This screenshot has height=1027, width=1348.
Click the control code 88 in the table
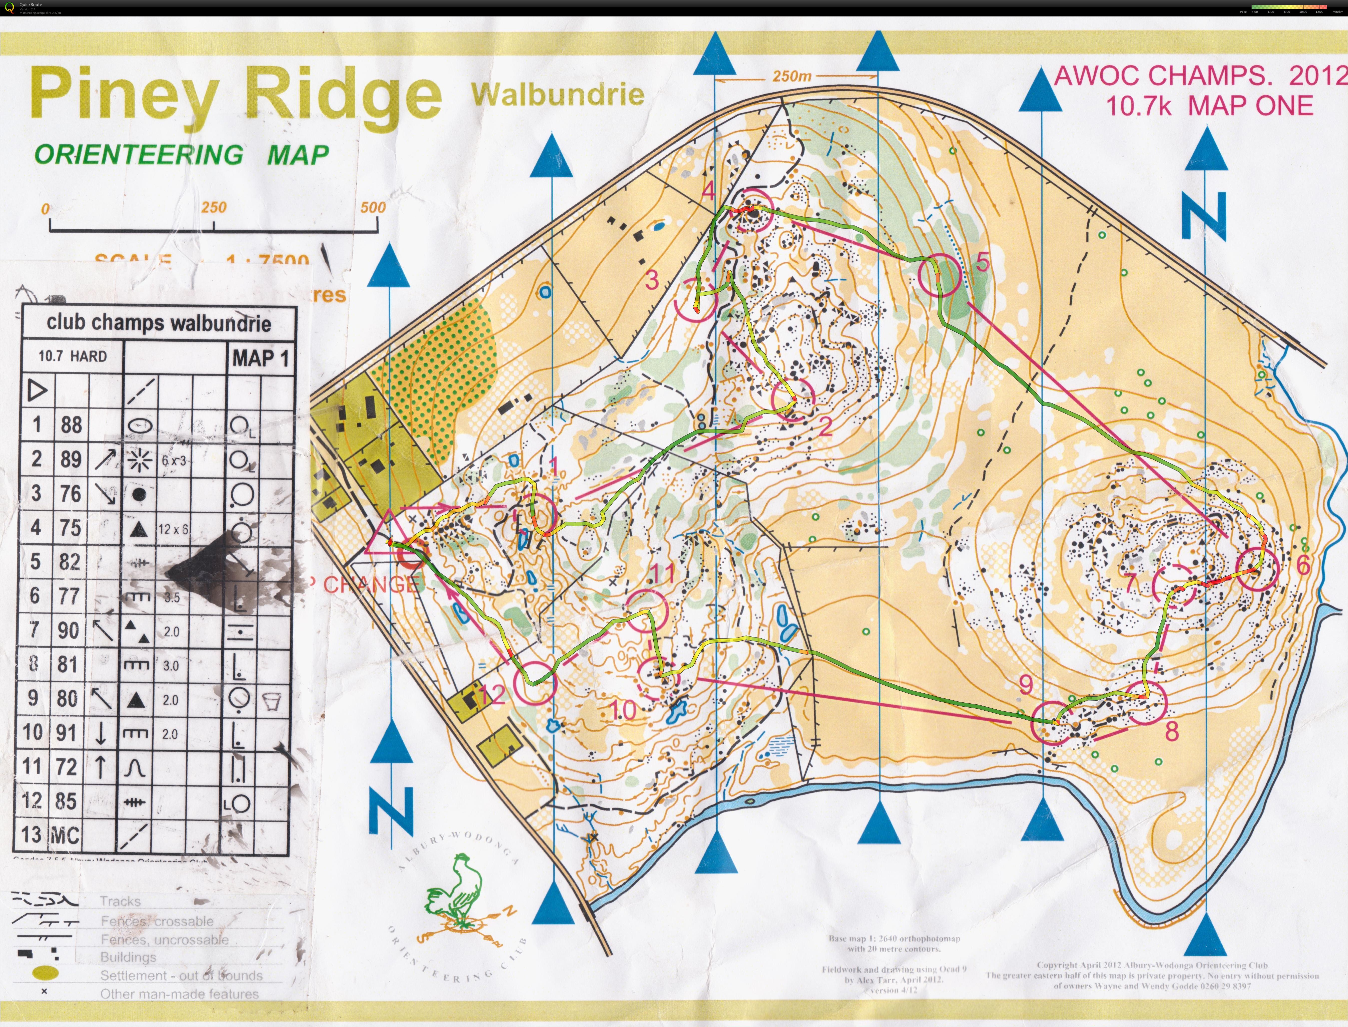tap(71, 424)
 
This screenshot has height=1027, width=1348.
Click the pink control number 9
tap(1026, 685)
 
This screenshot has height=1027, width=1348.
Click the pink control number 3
tap(652, 280)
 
